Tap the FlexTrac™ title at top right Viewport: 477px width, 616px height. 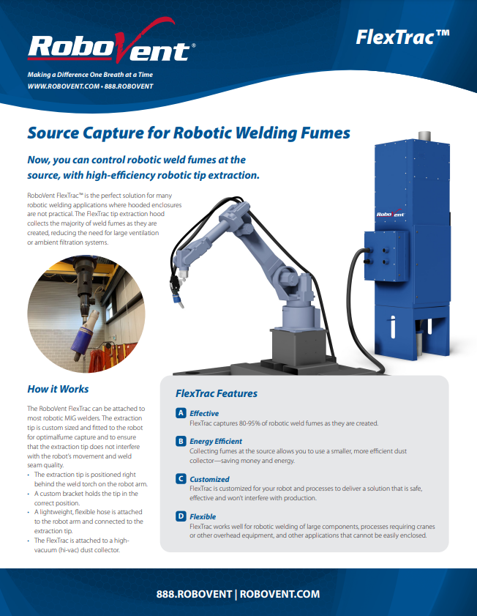coord(402,37)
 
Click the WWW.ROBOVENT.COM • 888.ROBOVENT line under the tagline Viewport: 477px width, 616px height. coord(90,86)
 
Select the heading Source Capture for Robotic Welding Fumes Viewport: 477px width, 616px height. coord(189,133)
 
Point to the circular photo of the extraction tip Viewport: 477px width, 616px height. coord(86,314)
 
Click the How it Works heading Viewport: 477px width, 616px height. coord(58,389)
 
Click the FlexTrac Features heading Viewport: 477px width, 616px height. coord(217,393)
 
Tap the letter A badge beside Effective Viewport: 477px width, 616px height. coord(181,413)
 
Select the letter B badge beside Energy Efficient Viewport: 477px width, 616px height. coord(181,441)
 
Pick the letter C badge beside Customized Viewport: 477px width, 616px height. coord(181,479)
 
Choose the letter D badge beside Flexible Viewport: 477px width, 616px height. coord(181,516)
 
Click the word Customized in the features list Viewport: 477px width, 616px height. coord(209,479)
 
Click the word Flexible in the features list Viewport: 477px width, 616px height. coord(203,516)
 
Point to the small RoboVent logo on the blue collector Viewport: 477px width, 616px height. coord(391,214)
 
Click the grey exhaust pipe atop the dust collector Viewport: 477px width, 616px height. coord(424,136)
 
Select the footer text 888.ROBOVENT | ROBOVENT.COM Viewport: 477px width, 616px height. coord(238,594)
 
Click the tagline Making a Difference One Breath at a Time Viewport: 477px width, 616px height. coord(90,75)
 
